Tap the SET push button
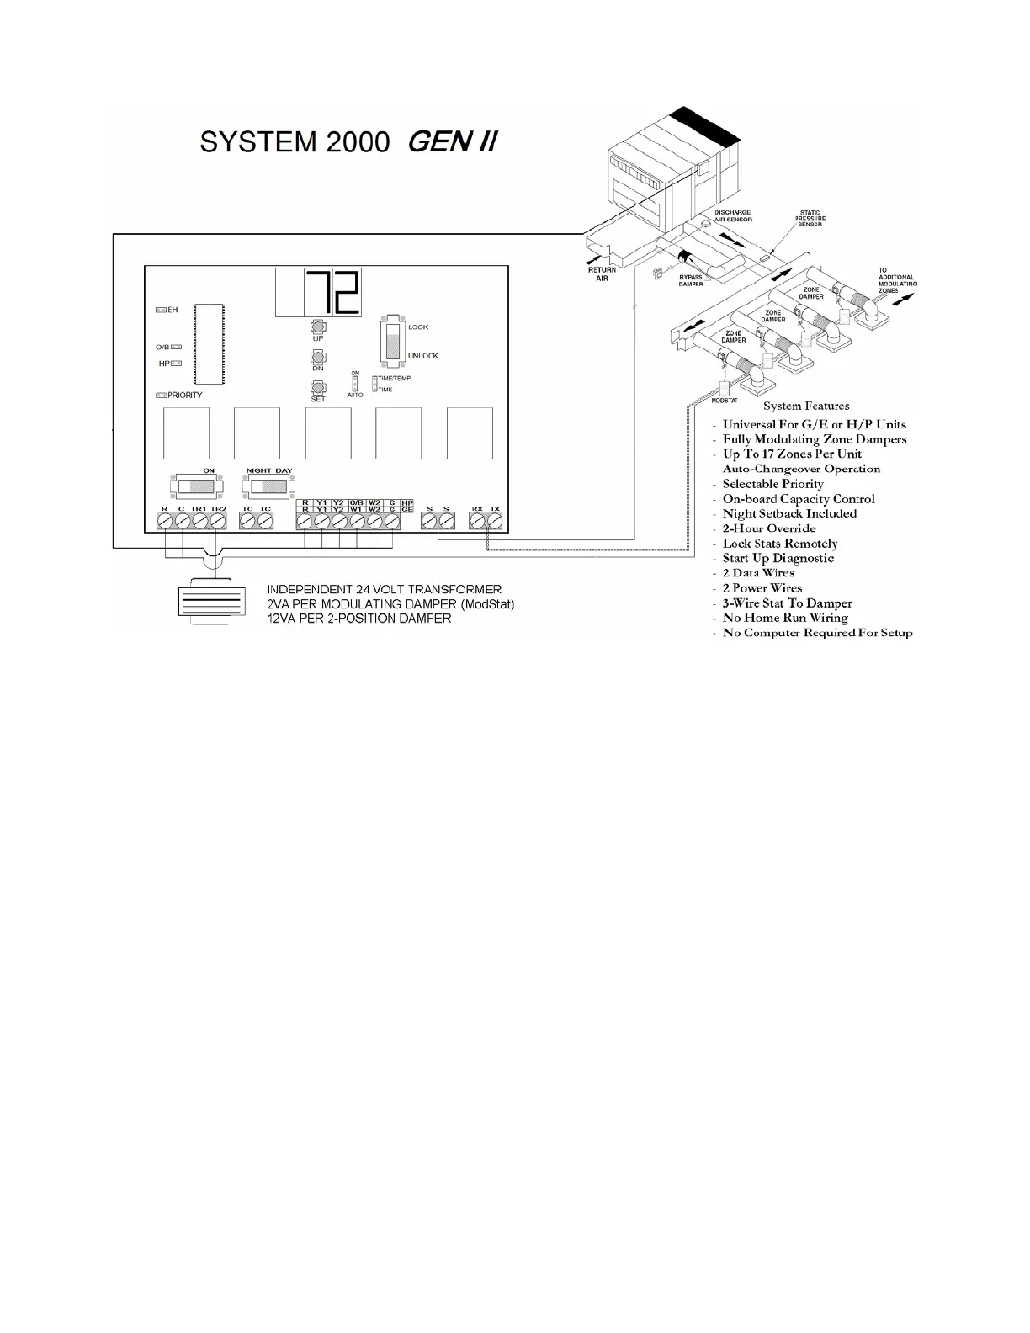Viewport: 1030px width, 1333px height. [318, 387]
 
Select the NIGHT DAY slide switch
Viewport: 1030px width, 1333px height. [269, 486]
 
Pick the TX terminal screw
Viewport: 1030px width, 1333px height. [495, 522]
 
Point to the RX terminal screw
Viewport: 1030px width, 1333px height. [477, 522]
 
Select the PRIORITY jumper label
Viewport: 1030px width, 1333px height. [184, 395]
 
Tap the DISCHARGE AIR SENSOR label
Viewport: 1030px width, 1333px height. [732, 215]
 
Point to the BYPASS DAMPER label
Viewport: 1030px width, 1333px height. [690, 280]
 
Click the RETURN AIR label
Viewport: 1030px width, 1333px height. [602, 274]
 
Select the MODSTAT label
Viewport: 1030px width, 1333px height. [725, 400]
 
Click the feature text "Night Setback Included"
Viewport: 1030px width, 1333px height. [788, 513]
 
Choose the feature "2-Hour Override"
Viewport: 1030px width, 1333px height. [768, 528]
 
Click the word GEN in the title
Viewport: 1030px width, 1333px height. [438, 141]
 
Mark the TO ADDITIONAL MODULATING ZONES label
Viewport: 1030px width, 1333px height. [896, 281]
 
